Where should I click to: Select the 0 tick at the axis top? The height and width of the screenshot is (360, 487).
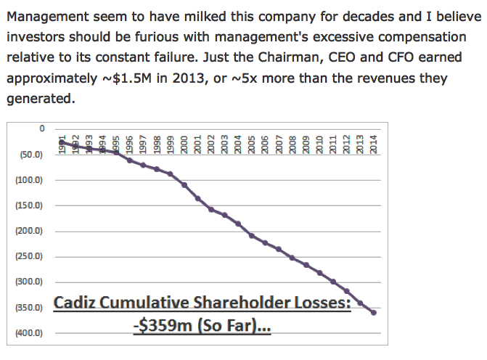(42, 128)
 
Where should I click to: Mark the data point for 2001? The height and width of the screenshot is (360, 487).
(198, 198)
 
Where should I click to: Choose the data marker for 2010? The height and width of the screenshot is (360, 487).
(320, 273)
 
